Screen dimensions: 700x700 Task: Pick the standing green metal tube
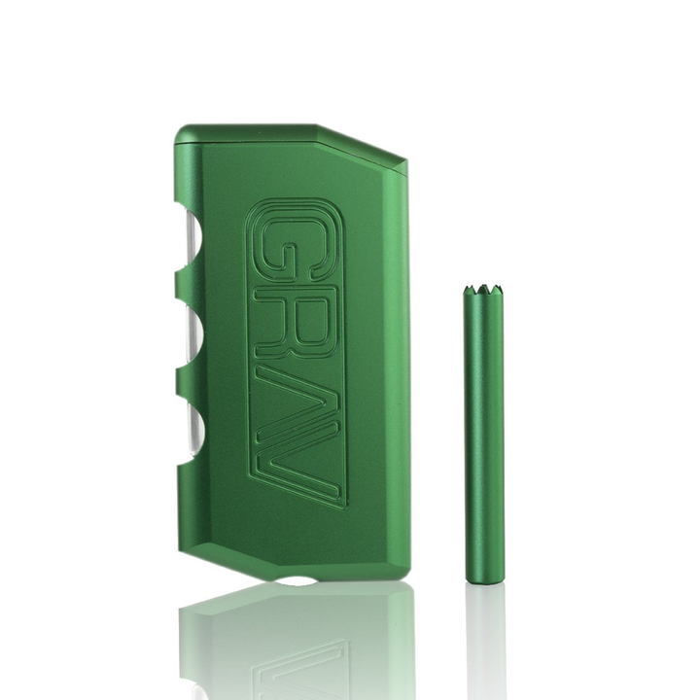pyautogui.click(x=478, y=437)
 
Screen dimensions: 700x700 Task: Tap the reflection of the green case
pyautogui.click(x=292, y=642)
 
